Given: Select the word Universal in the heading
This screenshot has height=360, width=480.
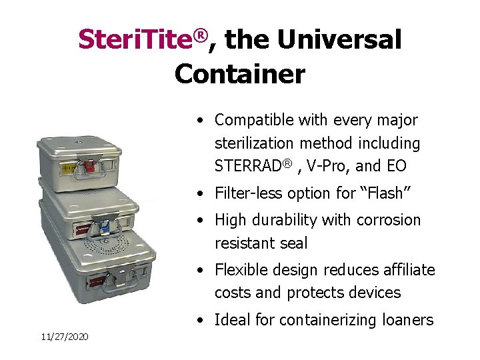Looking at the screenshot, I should [339, 40].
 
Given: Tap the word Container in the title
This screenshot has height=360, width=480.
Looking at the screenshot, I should [239, 73].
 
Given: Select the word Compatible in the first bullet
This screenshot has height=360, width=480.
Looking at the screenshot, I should [254, 120].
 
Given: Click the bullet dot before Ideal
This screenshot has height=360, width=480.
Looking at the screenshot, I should [201, 321].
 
